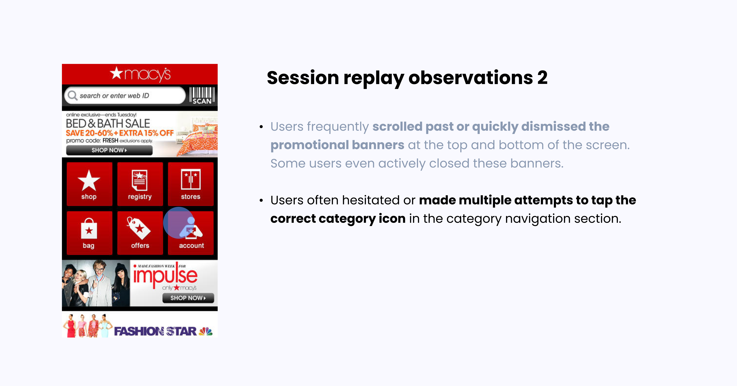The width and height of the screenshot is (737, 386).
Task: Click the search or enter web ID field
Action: point(126,96)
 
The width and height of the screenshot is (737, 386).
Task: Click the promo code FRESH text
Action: point(110,141)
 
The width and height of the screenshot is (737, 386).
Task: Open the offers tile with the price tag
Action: point(140,233)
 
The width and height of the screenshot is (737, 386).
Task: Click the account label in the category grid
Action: point(191,246)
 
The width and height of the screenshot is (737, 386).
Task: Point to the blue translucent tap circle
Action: point(179,223)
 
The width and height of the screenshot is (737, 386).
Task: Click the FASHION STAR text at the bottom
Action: point(155,332)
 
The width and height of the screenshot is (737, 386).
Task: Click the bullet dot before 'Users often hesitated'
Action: point(261,201)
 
